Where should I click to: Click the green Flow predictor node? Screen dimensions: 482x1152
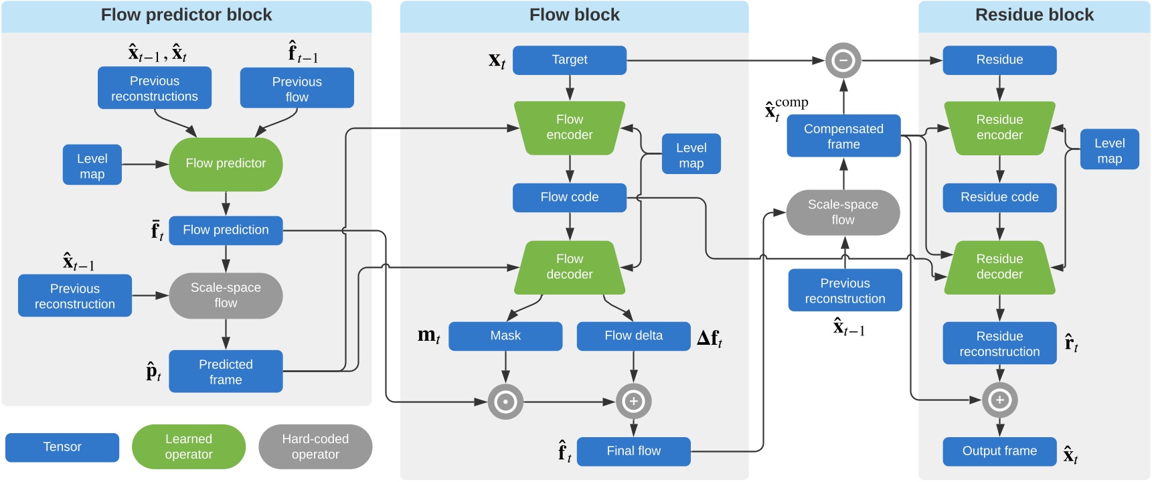pos(226,164)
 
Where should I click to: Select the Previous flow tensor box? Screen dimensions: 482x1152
pos(297,88)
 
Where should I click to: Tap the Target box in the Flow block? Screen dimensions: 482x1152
pos(570,60)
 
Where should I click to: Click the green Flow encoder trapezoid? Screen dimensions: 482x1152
pos(570,127)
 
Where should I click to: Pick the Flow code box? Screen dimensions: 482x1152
pos(570,197)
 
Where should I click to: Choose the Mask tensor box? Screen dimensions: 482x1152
pos(505,336)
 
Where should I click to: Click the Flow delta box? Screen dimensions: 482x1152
pos(633,336)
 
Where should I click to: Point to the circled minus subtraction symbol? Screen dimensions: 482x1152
pos(843,60)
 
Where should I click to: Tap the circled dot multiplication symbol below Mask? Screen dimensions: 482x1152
pos(505,402)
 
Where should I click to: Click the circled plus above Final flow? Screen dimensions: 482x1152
pos(633,402)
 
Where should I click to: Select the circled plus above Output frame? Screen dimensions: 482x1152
pos(999,400)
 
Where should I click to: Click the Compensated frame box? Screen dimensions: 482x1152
pos(843,137)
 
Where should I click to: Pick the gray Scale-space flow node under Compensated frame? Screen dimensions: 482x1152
pos(843,212)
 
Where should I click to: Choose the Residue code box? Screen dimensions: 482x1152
pos(999,197)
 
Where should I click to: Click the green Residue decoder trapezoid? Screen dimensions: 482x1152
pos(999,267)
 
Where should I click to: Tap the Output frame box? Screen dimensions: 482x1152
pos(999,451)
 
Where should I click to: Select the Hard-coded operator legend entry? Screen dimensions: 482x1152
pos(315,447)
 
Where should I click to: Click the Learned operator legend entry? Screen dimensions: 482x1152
pos(189,447)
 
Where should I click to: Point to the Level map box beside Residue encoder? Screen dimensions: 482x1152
pos(1109,150)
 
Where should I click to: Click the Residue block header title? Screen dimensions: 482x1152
pos(1034,15)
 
